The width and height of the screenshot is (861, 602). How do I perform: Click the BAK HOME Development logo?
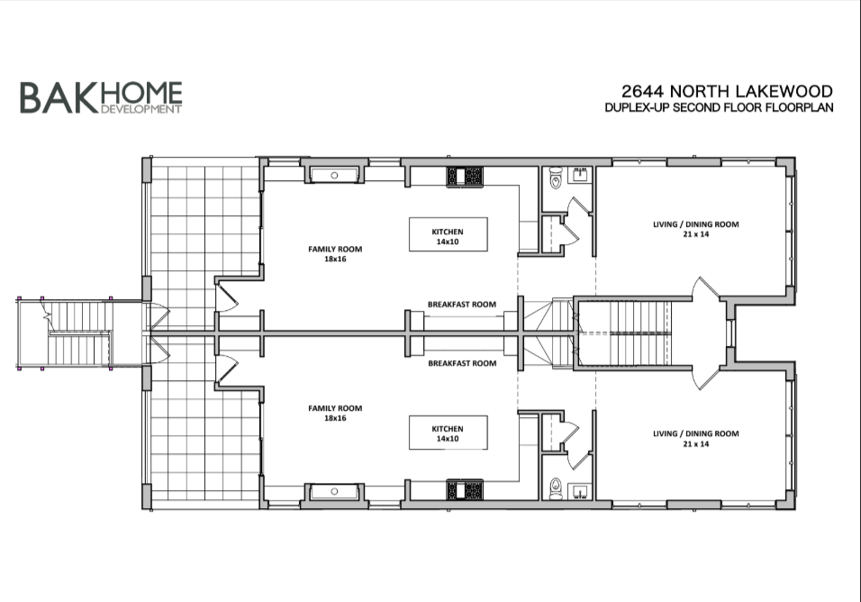pyautogui.click(x=101, y=97)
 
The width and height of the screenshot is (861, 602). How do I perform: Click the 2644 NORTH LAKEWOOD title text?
pyautogui.click(x=727, y=91)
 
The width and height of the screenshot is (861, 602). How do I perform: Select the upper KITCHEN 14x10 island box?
pyautogui.click(x=449, y=233)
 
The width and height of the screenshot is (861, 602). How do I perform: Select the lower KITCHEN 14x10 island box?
pyautogui.click(x=449, y=433)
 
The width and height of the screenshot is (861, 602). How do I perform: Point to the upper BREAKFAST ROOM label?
pyautogui.click(x=462, y=305)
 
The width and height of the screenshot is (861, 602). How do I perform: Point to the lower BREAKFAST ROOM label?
pyautogui.click(x=462, y=363)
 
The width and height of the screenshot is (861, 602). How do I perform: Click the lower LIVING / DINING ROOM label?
pyautogui.click(x=695, y=438)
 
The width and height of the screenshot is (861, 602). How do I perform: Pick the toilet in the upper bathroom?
pyautogui.click(x=556, y=181)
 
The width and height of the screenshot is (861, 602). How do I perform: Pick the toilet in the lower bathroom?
pyautogui.click(x=556, y=486)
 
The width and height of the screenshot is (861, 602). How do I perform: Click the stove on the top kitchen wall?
pyautogui.click(x=467, y=176)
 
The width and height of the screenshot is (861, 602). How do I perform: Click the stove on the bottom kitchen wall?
pyautogui.click(x=467, y=491)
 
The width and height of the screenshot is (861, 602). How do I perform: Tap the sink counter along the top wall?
pyautogui.click(x=335, y=175)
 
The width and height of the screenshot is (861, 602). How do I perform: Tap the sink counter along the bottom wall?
pyautogui.click(x=335, y=491)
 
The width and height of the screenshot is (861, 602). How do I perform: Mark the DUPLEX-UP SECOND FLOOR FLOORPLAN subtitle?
pyautogui.click(x=719, y=108)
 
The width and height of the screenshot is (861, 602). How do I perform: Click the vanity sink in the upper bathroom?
pyautogui.click(x=579, y=174)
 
